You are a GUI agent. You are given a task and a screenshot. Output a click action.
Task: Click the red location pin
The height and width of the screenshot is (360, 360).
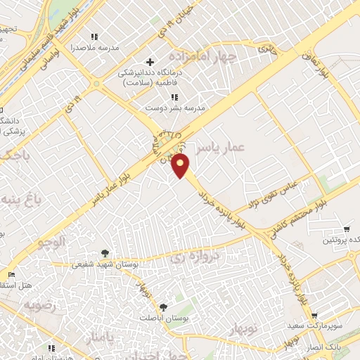181,167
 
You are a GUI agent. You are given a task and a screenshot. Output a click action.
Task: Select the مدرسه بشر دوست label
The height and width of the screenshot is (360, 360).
165,108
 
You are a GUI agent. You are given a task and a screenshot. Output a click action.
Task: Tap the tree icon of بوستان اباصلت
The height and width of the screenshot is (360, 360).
164,307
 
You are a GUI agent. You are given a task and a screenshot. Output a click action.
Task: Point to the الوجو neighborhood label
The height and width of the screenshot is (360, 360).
51,242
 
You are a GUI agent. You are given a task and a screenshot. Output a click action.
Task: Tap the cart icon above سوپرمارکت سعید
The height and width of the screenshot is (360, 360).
314,316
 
